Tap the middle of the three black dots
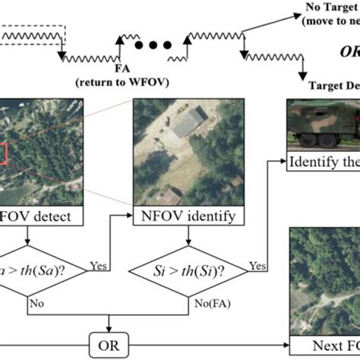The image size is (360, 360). (152, 44)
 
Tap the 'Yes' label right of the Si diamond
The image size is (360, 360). (257, 267)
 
